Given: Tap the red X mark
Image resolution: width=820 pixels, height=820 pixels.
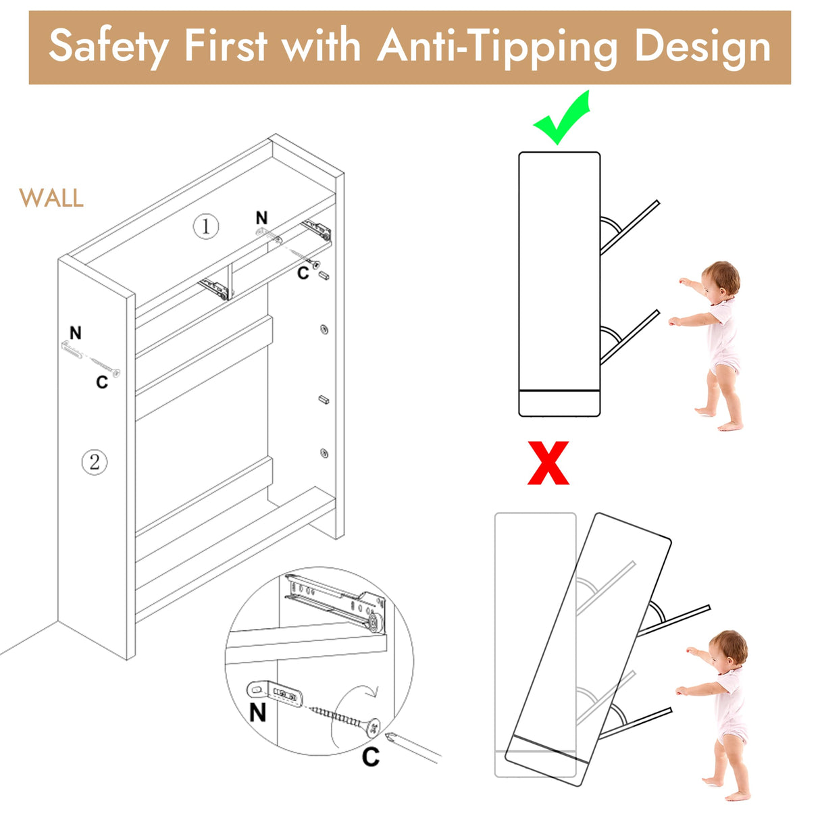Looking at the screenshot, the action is click(548, 463).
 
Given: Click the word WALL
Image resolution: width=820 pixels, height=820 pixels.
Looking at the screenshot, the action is click(51, 198).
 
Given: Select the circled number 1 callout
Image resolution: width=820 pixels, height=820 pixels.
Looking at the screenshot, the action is click(206, 226).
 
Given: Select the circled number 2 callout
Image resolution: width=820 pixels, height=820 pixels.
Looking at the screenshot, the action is click(95, 462).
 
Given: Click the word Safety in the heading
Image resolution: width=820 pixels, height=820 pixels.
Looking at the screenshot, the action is click(109, 46).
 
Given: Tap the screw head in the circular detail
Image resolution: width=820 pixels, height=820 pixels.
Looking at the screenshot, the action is click(372, 727).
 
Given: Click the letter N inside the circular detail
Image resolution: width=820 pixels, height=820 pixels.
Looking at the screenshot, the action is click(258, 712).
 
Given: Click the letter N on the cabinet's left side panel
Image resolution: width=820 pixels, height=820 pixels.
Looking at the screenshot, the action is click(76, 332).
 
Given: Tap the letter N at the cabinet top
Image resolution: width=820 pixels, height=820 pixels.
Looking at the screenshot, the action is click(261, 218).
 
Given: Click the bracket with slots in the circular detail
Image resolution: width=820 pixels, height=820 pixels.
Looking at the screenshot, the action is click(274, 693).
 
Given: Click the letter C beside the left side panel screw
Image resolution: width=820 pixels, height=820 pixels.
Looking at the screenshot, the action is click(102, 382).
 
